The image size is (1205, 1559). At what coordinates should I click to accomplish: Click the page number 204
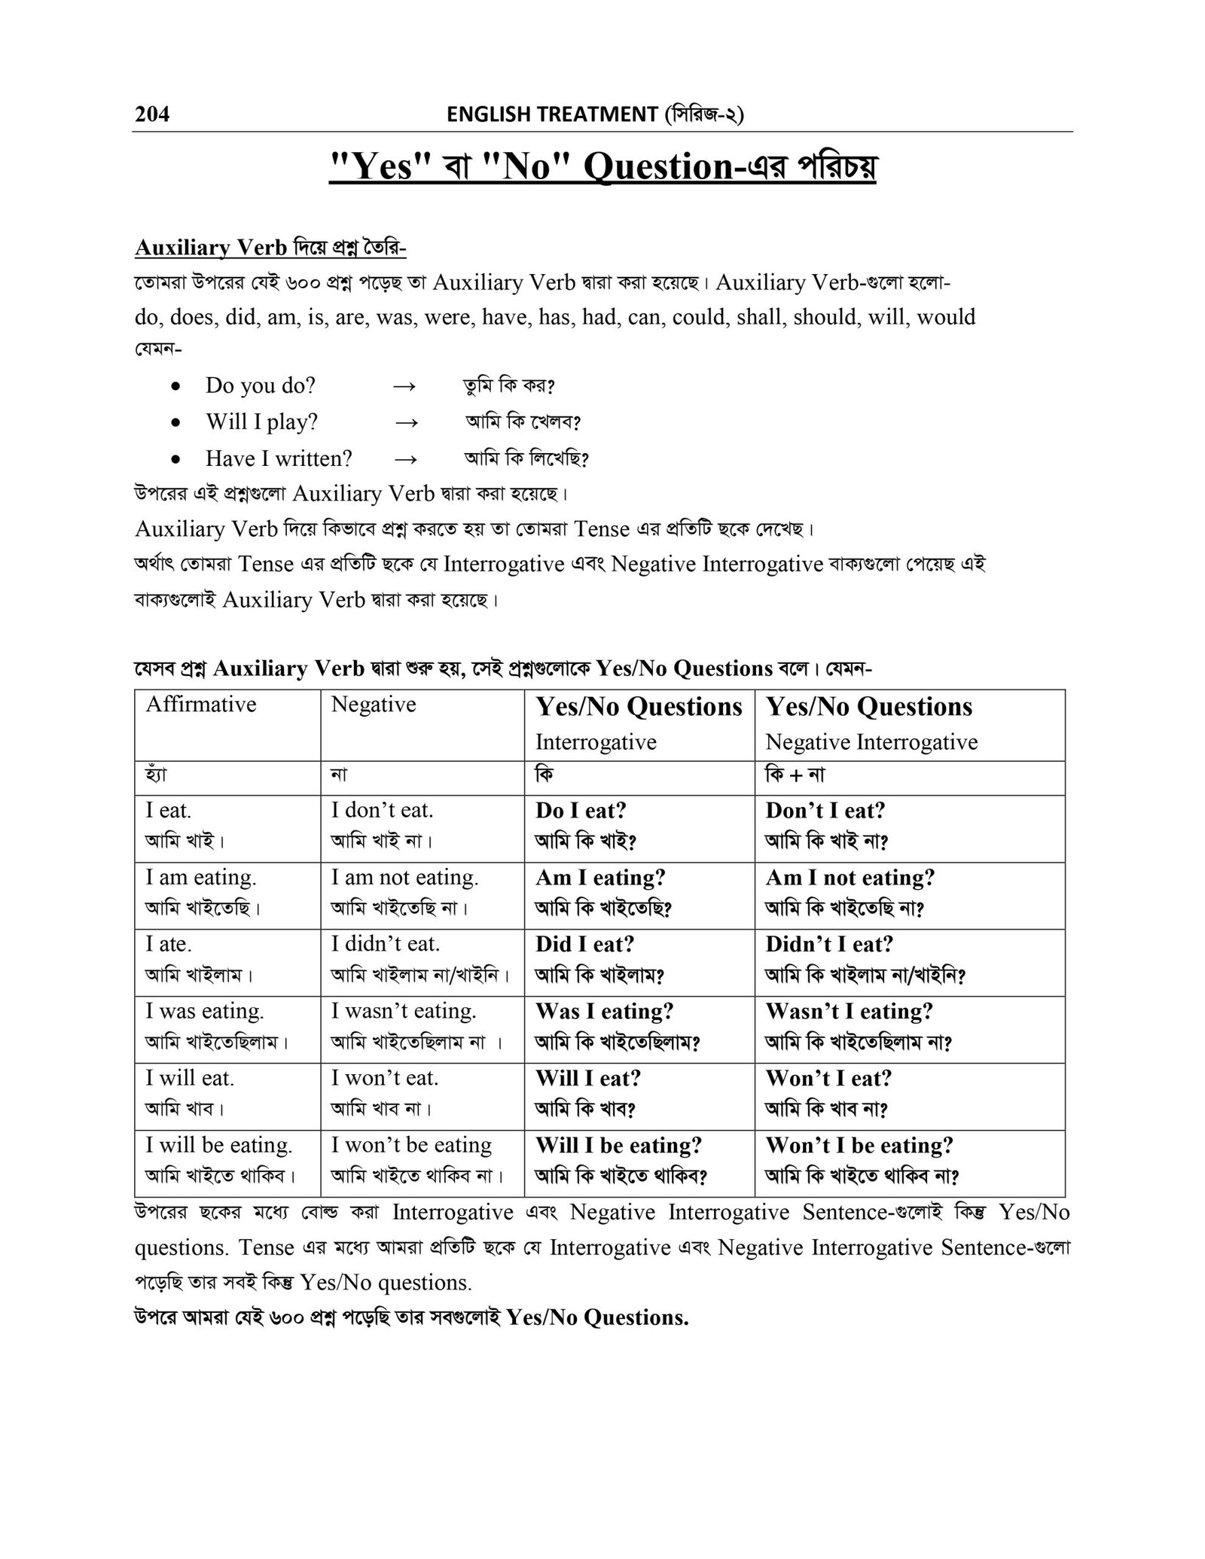[x=152, y=114]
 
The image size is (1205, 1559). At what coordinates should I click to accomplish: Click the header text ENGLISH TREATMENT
[x=551, y=114]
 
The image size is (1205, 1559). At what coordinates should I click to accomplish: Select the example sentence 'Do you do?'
[x=261, y=385]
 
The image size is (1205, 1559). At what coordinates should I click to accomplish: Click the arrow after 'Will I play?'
[x=406, y=422]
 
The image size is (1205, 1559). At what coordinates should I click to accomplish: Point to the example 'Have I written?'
[x=279, y=458]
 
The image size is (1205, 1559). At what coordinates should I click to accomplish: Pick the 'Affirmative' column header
[x=201, y=705]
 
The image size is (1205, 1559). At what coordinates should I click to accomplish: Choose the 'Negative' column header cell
[x=374, y=705]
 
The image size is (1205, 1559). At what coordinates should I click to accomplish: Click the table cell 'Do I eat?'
[x=581, y=811]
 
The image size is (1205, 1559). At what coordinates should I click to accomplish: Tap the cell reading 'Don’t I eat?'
[x=825, y=811]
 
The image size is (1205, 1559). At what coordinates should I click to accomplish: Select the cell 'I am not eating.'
[x=405, y=878]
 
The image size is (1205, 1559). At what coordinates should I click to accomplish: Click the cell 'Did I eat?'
[x=585, y=944]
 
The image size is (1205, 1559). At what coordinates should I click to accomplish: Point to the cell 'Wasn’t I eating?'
[x=850, y=1011]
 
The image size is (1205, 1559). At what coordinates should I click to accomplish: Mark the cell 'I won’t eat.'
[x=385, y=1078]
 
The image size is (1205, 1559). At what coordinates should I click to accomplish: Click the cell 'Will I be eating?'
[x=618, y=1145]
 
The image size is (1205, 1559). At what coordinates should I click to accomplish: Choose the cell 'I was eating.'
[x=205, y=1011]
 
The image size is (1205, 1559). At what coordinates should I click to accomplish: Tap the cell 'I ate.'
[x=169, y=944]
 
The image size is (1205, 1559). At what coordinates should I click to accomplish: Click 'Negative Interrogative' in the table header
[x=871, y=742]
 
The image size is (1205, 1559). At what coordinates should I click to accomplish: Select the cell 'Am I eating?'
[x=600, y=878]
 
